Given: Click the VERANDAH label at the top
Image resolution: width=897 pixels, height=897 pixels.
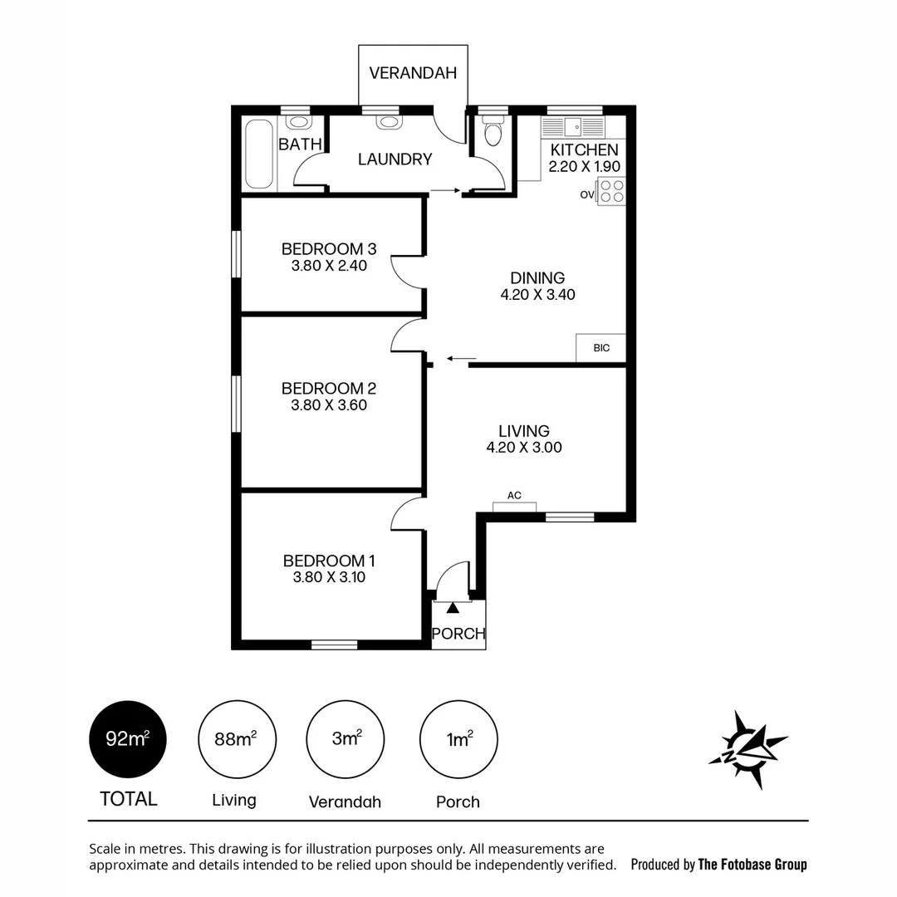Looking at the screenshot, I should point(413,73).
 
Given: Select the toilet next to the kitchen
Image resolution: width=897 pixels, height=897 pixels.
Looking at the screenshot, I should point(493,135).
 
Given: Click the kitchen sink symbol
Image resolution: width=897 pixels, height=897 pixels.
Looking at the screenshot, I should point(573,127).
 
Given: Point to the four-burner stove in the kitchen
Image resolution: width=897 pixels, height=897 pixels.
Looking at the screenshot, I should point(611,193).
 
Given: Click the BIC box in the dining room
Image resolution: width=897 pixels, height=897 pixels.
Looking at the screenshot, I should point(600,348).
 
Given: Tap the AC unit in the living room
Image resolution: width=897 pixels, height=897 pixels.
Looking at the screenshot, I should point(514,506).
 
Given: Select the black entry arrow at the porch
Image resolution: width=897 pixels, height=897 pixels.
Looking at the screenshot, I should point(453,609).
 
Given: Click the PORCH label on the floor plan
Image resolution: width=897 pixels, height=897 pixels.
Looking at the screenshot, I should point(458,634).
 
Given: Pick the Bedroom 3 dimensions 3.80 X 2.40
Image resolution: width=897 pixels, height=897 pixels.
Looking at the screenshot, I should point(329,266).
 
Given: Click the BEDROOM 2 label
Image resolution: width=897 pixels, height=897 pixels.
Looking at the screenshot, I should point(329,388).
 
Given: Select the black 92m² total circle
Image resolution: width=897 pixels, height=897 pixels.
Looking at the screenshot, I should point(128,739).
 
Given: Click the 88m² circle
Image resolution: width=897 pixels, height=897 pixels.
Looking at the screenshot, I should point(237,739).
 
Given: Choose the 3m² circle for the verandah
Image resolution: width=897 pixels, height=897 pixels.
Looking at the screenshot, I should point(345,739).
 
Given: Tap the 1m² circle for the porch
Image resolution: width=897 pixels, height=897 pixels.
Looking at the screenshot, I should point(458,739).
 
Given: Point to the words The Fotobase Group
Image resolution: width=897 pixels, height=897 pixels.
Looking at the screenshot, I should point(752,865).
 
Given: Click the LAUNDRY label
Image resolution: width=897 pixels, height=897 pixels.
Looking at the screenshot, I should point(395,159).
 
